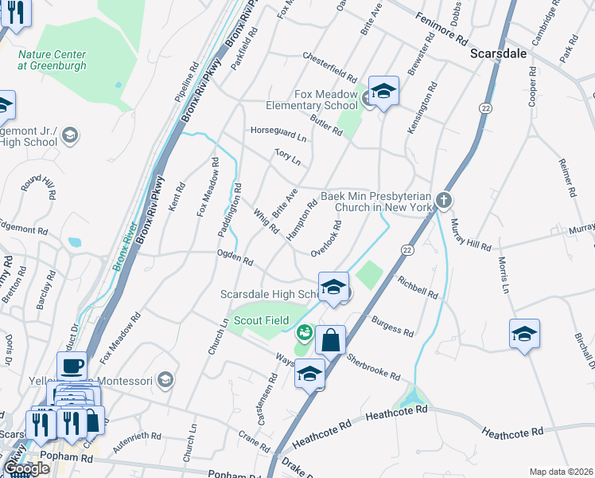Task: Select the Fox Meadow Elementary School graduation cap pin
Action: [x=383, y=92]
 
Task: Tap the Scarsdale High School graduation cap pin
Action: [x=333, y=288]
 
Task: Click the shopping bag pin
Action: [x=330, y=340]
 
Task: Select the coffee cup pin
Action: [x=72, y=366]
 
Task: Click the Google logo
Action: [x=26, y=468]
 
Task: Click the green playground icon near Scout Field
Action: [x=303, y=332]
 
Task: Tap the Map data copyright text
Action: [x=561, y=472]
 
